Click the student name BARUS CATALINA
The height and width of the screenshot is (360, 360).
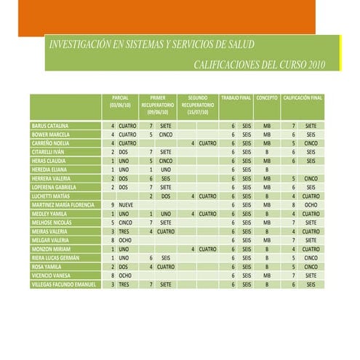50,126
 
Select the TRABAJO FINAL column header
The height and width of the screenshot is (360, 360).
236,97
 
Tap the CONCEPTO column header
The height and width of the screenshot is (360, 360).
267,97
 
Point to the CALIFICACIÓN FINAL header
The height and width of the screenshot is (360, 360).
303,97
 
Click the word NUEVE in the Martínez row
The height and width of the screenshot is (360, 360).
126,205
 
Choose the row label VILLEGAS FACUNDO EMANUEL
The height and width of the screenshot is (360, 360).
64,284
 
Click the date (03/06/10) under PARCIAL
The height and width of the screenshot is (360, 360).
121,105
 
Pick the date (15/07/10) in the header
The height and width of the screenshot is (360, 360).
197,113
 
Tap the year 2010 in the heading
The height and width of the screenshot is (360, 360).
314,65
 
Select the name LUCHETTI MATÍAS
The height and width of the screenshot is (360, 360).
51,196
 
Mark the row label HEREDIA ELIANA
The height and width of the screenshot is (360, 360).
49,169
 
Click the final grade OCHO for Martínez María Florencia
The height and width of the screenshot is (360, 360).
311,205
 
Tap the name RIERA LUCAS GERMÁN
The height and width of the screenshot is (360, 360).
55,258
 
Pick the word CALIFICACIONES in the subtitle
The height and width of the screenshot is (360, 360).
230,65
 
